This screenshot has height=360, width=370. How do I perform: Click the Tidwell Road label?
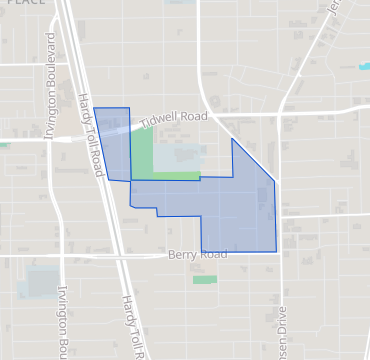point(174,118)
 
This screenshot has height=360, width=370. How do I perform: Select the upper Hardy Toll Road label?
point(91,134)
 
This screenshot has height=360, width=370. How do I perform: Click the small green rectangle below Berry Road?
point(205,279)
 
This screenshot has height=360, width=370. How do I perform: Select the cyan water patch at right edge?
point(364,67)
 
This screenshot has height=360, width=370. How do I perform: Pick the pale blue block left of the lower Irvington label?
point(38,282)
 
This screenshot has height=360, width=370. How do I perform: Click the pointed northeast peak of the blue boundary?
point(233,139)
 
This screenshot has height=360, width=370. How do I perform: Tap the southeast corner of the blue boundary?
point(276,251)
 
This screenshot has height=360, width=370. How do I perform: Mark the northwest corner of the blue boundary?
point(94,108)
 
